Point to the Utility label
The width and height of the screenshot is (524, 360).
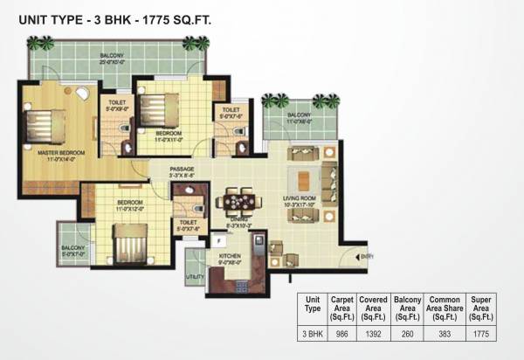point(194,277)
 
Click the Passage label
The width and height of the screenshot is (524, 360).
point(182,170)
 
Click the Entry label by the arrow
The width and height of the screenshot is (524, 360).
point(368,256)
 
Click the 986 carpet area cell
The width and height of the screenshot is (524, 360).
point(341,333)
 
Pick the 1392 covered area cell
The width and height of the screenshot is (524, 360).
point(373,333)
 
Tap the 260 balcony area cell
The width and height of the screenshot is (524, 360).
point(408,333)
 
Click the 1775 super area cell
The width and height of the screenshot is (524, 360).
point(481,333)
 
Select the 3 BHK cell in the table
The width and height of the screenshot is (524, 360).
point(312,333)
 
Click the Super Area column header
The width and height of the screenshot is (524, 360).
point(481,308)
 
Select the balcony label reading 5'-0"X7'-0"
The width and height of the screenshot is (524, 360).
point(72,253)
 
